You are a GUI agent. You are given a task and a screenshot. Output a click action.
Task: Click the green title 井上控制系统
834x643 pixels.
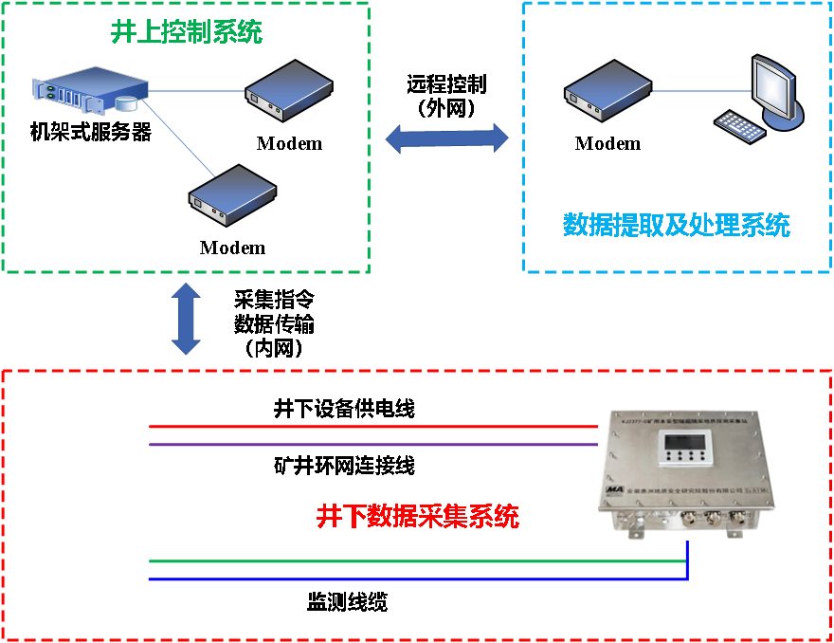pos(187,33)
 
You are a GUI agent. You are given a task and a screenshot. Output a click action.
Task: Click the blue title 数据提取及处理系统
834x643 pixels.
pos(676,225)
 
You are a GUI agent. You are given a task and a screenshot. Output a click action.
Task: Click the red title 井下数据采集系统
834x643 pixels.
pos(418,517)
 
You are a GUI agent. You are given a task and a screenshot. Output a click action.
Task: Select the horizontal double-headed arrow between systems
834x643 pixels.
pos(446,138)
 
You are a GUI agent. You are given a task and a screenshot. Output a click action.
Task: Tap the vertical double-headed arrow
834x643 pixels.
pos(186,319)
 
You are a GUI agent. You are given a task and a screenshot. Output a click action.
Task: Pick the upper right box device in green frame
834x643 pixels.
pos(289,90)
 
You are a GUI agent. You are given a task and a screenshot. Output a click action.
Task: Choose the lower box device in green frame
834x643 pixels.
pos(232,194)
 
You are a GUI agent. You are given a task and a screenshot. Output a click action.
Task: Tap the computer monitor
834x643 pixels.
pos(772,88)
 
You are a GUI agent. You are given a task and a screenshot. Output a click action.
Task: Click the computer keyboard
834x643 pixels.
pos(740,126)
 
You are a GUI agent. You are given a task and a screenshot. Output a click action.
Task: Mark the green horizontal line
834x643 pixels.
pos(417,560)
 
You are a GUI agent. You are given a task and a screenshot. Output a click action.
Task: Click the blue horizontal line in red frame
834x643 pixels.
pos(417,579)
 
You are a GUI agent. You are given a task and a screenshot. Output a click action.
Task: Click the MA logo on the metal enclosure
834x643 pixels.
pos(615,488)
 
